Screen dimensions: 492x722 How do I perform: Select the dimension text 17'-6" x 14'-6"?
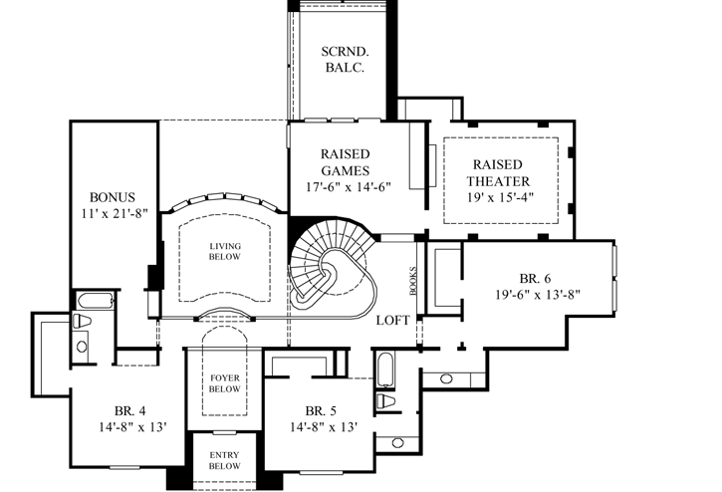pos(346,186)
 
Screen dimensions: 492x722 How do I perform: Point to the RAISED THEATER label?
pos(502,172)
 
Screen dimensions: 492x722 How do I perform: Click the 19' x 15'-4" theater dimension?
pos(502,196)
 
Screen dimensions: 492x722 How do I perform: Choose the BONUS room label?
pos(112,197)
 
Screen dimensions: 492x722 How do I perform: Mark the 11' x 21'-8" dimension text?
pos(113,213)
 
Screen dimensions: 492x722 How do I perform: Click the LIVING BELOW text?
pos(223,251)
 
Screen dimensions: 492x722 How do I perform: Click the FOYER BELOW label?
pos(223,383)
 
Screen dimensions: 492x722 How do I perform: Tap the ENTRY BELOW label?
pos(223,460)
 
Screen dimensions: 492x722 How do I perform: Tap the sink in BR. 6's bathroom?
pos(446,379)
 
